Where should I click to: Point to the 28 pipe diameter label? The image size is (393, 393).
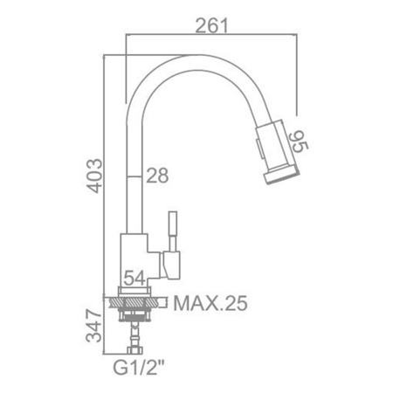tap(157, 176)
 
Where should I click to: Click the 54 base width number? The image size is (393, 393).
tap(134, 279)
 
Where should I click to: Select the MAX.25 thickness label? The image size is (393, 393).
tap(210, 304)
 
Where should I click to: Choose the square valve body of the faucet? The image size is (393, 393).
tap(135, 258)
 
